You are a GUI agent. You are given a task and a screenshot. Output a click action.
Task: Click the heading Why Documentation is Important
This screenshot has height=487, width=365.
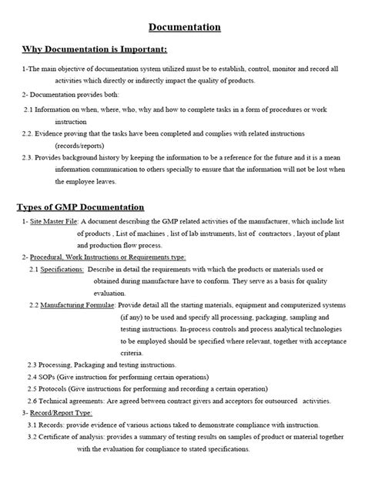click(94, 51)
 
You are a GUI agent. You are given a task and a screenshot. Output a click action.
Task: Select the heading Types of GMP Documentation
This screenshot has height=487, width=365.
click(81, 207)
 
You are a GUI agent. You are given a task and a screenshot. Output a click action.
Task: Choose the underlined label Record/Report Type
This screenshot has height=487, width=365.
click(59, 413)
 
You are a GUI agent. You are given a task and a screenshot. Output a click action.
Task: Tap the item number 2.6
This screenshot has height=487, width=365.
click(34, 401)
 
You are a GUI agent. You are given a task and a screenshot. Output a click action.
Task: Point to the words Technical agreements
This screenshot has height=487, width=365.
click(74, 401)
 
